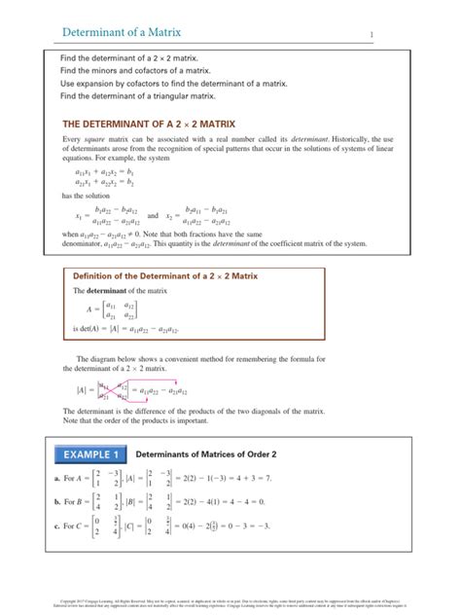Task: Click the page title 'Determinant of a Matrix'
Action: tap(122, 33)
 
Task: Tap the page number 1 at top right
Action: tap(371, 36)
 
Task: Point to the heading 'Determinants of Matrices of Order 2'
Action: tap(205, 454)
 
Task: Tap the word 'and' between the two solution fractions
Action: tap(152, 215)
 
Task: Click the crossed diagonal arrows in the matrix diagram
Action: tap(113, 390)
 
